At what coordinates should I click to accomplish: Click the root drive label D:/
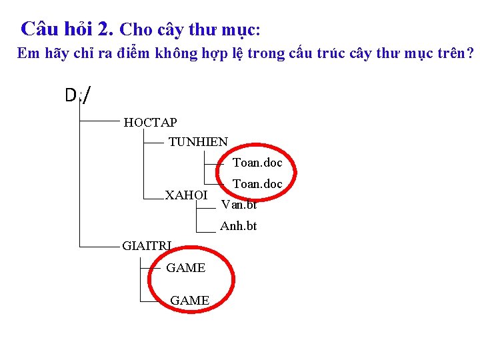78,96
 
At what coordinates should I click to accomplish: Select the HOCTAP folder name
150,122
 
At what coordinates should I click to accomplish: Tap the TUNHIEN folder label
198,142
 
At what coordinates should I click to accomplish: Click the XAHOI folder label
186,195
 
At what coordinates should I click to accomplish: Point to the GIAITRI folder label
147,246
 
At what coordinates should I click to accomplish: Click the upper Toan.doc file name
257,163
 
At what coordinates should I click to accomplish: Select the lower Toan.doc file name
257,183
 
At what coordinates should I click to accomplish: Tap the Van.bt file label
239,204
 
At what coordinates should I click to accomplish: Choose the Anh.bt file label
238,226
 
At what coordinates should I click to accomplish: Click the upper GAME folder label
185,268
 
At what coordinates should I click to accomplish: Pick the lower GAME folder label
189,301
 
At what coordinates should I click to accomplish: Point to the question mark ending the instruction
471,53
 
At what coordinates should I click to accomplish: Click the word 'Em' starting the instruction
28,53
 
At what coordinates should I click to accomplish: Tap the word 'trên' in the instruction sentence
450,53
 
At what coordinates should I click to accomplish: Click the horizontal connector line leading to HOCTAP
100,122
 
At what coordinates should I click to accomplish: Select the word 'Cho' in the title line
137,30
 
